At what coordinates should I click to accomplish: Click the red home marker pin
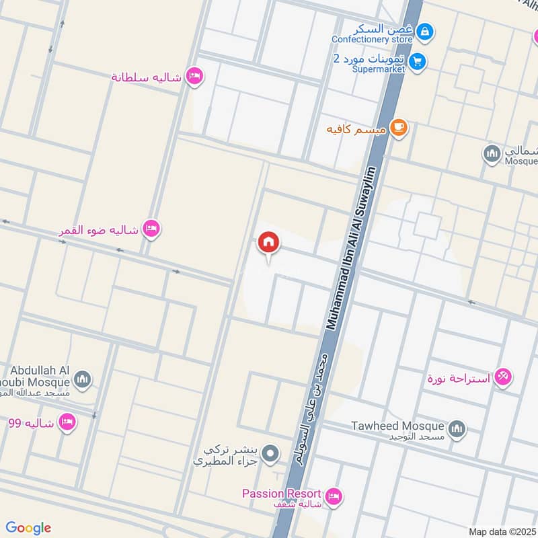(269, 243)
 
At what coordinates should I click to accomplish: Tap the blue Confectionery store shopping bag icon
(424, 31)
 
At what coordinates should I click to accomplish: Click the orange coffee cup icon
(399, 127)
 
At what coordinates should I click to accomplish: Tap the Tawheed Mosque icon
(457, 428)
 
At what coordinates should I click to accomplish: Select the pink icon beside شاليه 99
(67, 422)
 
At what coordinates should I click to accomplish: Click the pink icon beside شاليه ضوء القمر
(152, 229)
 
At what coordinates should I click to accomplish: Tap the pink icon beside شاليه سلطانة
(194, 77)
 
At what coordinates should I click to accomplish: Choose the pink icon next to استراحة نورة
(502, 377)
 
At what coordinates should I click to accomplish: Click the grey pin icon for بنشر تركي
(270, 454)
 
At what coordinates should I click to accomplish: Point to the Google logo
(28, 528)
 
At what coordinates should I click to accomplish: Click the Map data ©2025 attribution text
(500, 531)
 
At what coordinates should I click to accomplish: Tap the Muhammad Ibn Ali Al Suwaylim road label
(350, 248)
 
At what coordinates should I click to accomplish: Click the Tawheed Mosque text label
(398, 426)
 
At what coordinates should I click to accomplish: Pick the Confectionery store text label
(372, 39)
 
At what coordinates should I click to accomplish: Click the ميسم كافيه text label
(356, 128)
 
